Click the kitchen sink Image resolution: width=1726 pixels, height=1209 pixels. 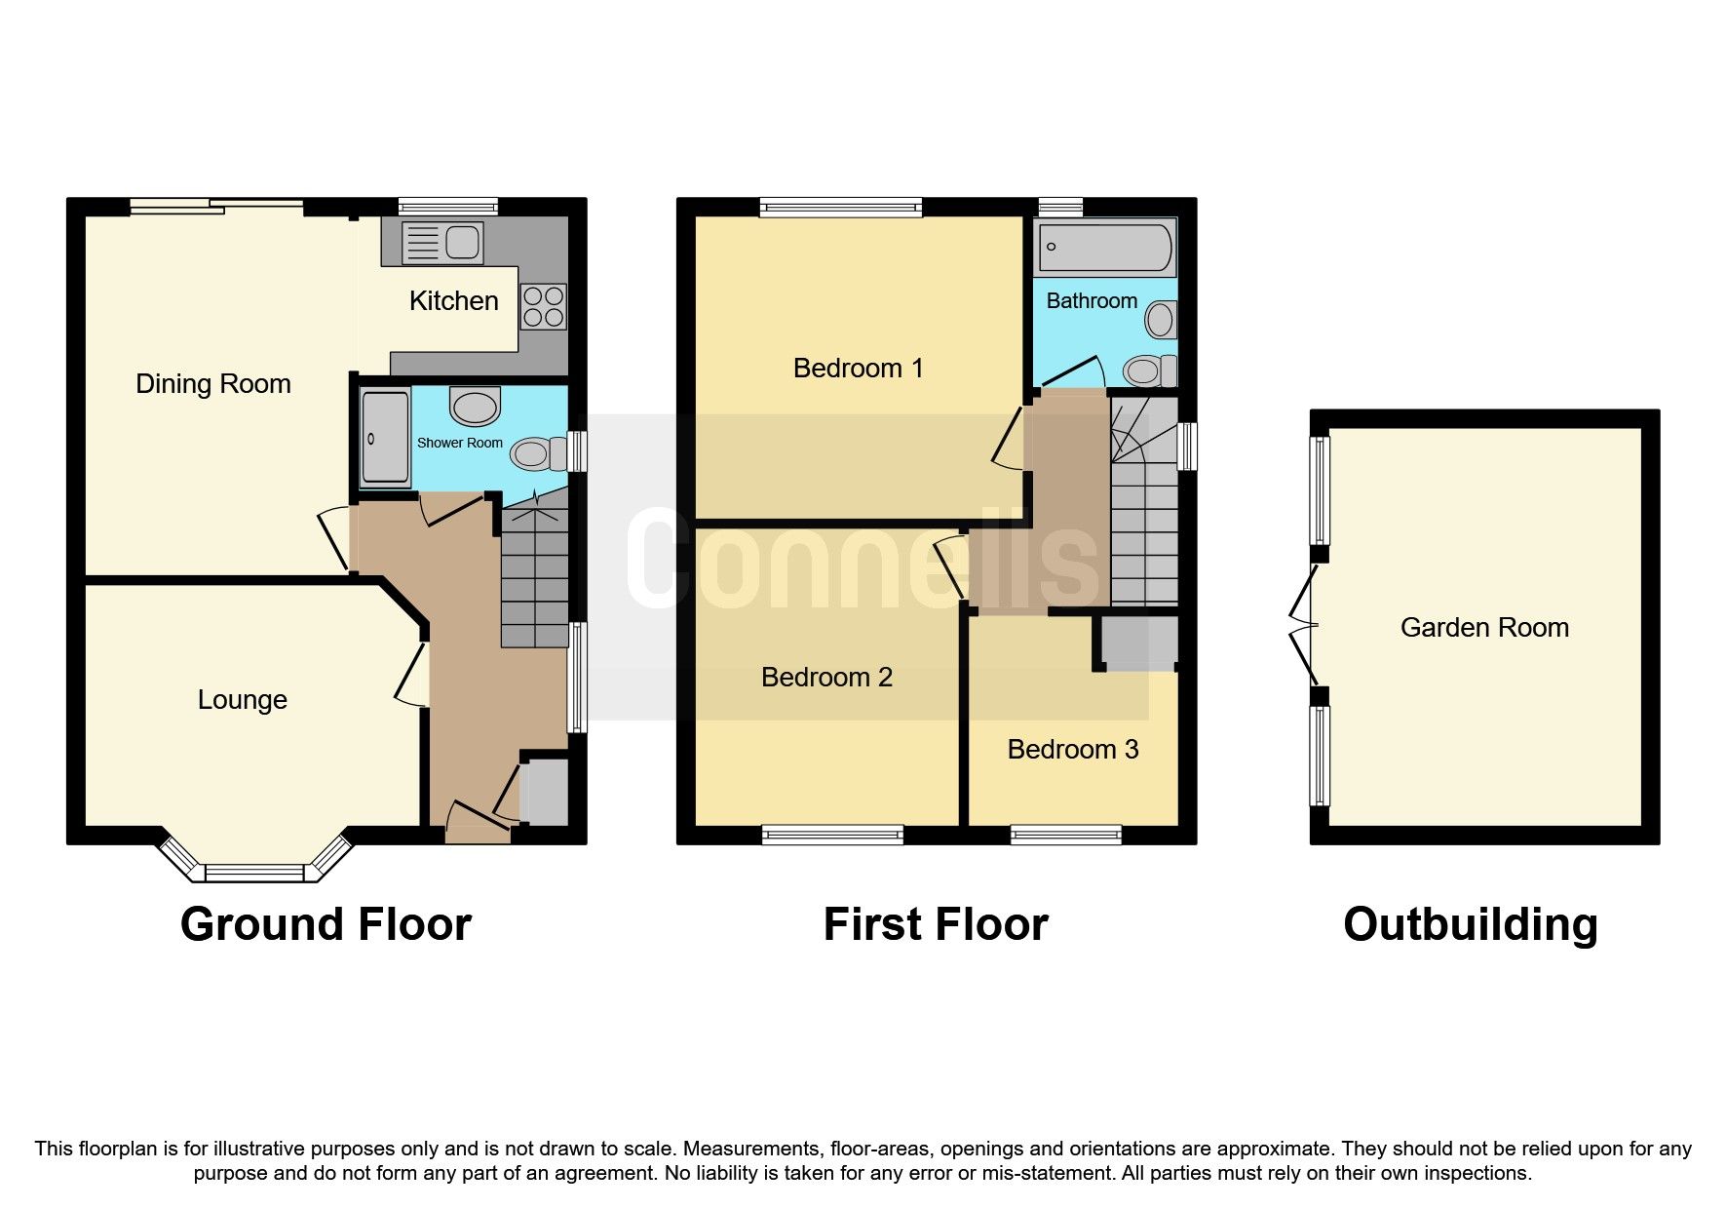(442, 243)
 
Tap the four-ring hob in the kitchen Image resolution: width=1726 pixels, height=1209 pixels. (543, 306)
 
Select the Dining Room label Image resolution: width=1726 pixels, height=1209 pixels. (212, 384)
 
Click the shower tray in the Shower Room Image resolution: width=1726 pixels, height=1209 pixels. (385, 438)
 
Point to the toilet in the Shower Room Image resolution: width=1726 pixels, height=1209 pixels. (539, 453)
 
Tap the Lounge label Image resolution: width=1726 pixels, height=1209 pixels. (242, 700)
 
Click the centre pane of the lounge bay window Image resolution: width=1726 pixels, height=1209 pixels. (255, 873)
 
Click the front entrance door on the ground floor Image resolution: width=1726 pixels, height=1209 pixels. (478, 825)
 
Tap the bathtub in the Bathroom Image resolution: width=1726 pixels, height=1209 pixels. (1105, 248)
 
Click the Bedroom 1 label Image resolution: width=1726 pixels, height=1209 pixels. (858, 369)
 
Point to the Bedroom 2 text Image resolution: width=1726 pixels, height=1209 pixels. (826, 678)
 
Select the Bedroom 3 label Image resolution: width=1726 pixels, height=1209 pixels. (1072, 750)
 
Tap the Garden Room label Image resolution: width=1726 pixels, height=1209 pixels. (1483, 628)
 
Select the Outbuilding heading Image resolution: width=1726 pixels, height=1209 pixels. (1470, 924)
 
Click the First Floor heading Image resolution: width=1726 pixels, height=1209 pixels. (935, 924)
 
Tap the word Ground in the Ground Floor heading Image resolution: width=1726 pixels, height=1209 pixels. (260, 924)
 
